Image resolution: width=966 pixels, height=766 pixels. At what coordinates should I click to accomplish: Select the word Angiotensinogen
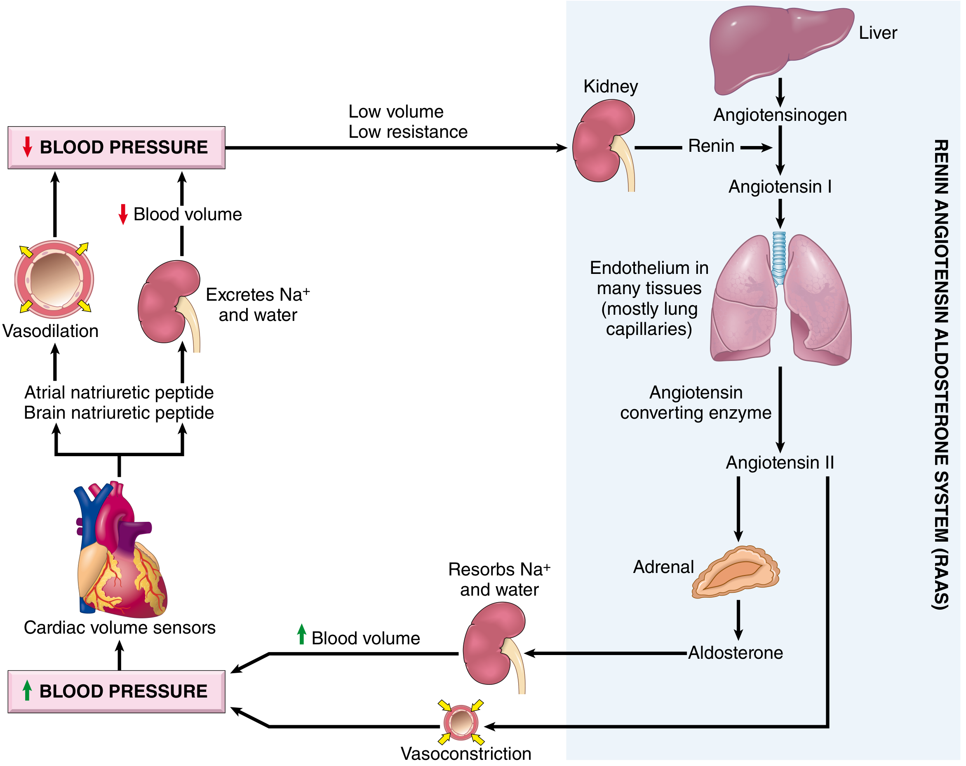[780, 115]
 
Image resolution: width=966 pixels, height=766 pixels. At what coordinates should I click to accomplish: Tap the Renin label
[711, 146]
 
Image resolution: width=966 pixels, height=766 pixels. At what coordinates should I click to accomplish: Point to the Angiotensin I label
[780, 186]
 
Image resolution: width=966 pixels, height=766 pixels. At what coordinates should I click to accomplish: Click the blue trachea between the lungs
[779, 258]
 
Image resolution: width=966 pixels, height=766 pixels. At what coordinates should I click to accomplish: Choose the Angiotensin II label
[780, 462]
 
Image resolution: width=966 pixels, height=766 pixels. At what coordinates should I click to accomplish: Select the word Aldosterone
[736, 653]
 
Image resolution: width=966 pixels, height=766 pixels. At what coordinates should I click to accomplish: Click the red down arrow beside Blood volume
[123, 214]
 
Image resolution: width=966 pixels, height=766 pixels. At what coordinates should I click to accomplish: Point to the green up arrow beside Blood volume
[301, 634]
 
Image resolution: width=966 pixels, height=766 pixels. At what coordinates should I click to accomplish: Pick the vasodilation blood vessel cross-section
[54, 279]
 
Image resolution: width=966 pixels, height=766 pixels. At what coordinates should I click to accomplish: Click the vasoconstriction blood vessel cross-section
[461, 723]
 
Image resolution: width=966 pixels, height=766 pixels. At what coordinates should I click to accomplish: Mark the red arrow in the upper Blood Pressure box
[27, 147]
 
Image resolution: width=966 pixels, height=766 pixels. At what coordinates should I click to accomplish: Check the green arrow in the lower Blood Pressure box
[27, 690]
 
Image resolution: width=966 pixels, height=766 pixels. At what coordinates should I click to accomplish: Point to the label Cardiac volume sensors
[120, 627]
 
